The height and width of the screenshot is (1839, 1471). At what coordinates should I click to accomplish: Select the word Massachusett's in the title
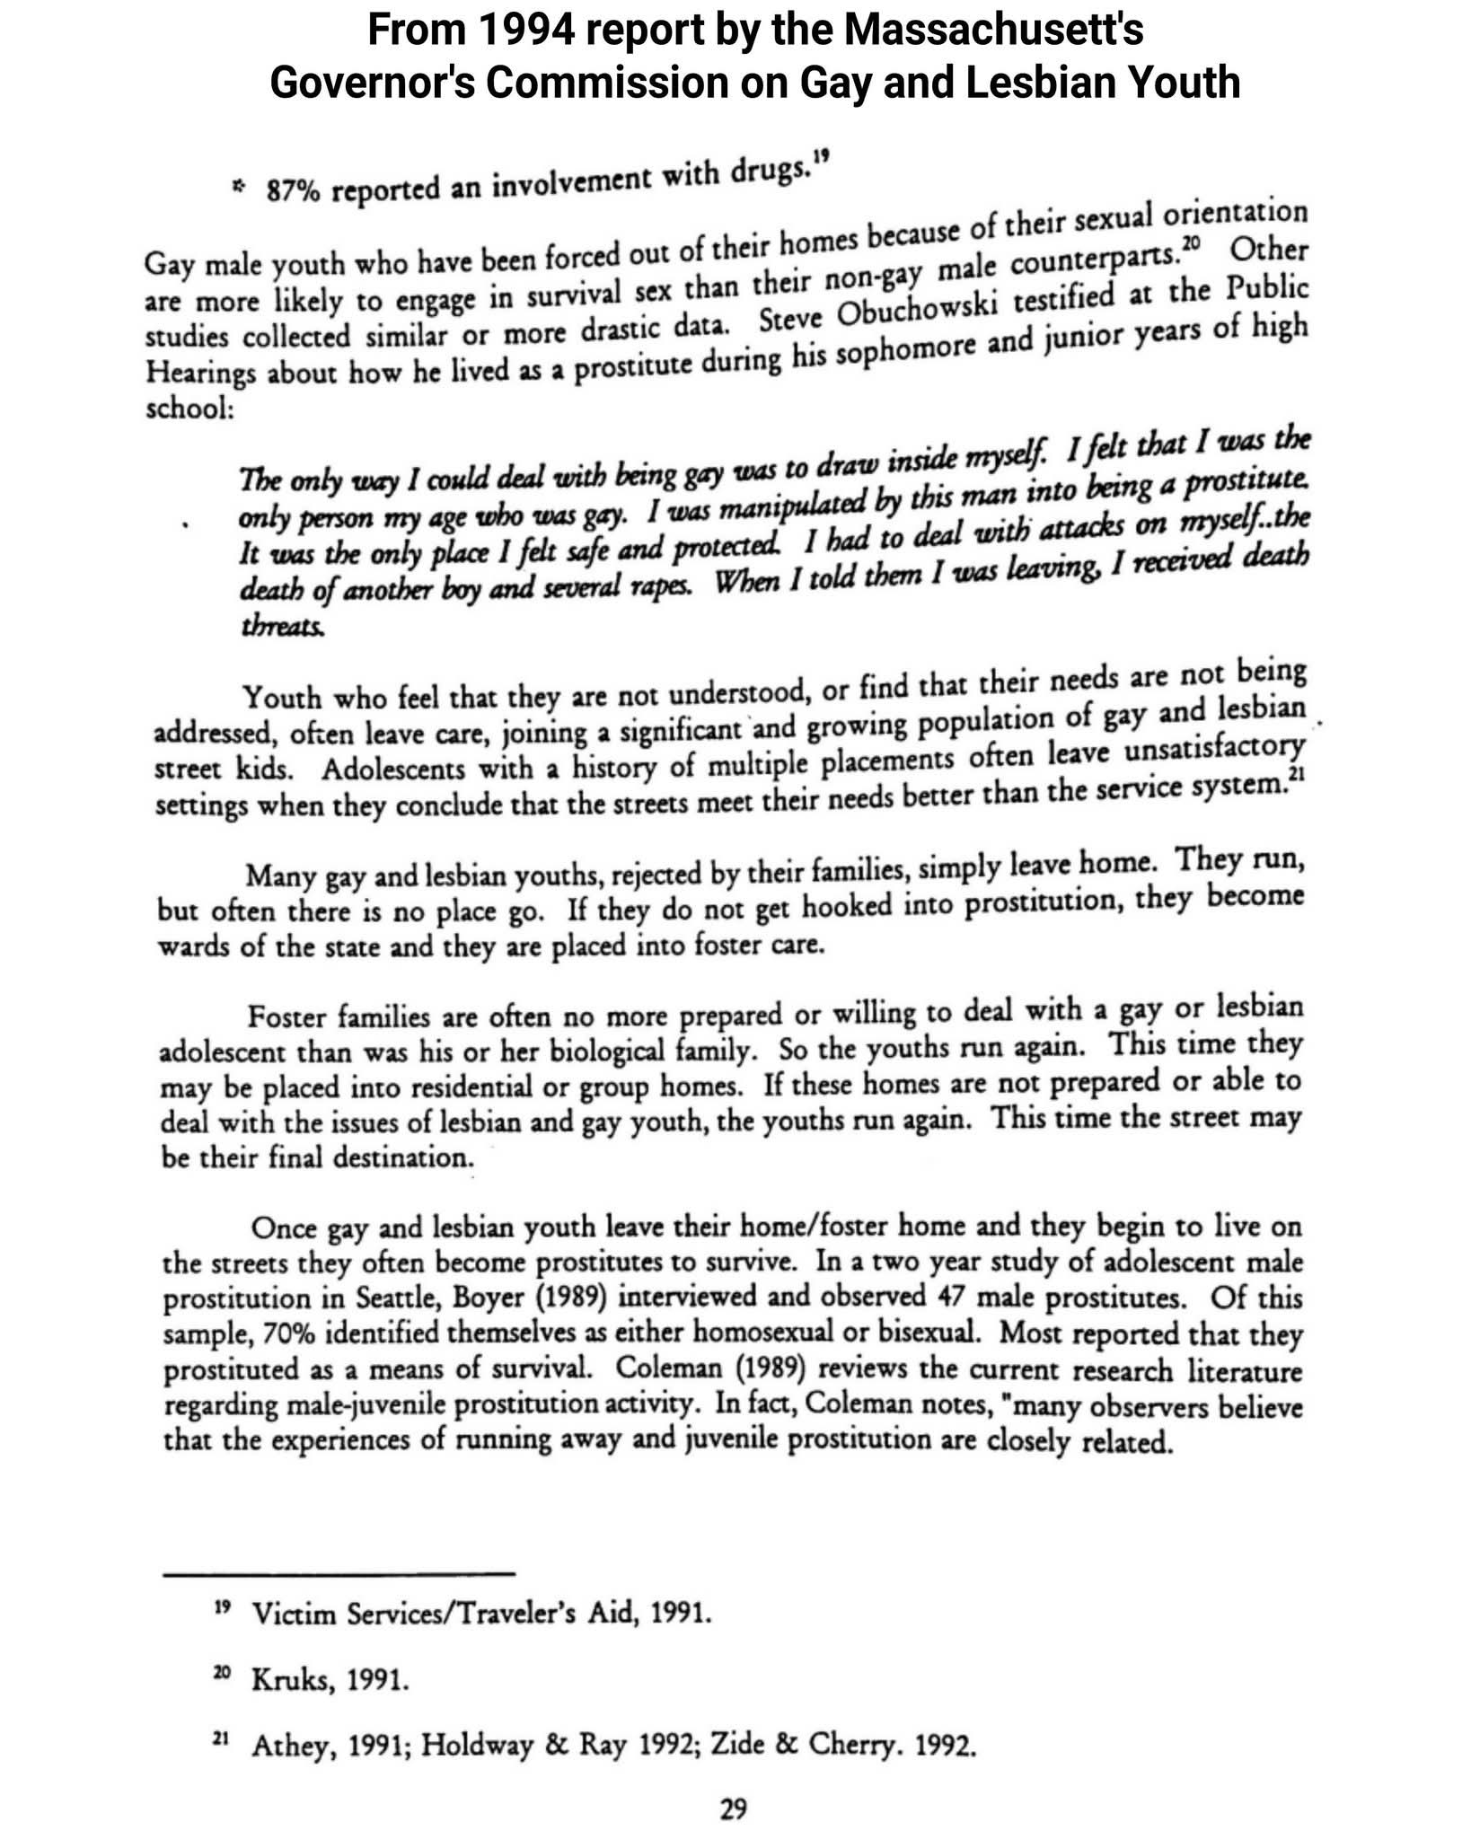[x=992, y=31]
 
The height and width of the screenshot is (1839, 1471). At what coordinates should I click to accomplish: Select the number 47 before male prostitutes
[x=953, y=1297]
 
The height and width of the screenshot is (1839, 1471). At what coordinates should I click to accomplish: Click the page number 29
[x=734, y=1808]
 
